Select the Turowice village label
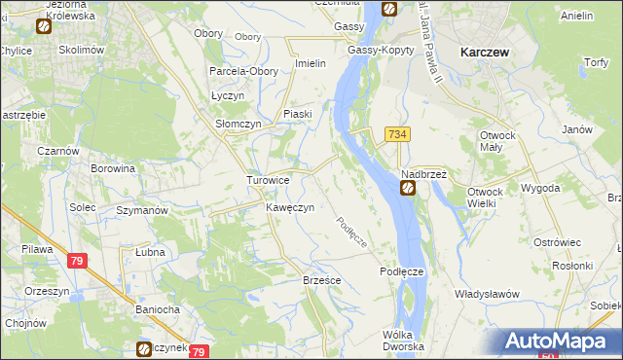pyautogui.click(x=267, y=180)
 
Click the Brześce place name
pyautogui.click(x=321, y=279)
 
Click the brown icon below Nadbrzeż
pyautogui.click(x=409, y=189)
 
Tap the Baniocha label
pyautogui.click(x=157, y=311)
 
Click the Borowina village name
pyautogui.click(x=112, y=168)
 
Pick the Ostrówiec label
pyautogui.click(x=557, y=241)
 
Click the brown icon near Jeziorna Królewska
pyautogui.click(x=44, y=27)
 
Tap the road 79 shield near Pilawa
pyautogui.click(x=78, y=261)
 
